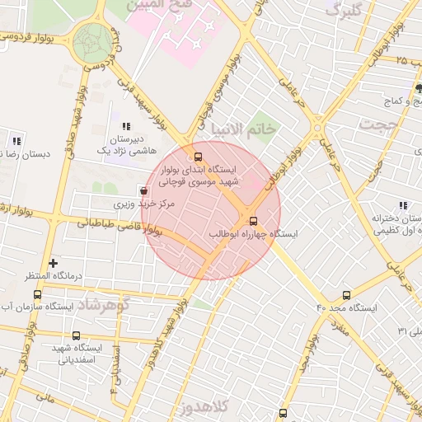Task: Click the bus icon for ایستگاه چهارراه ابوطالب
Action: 253,221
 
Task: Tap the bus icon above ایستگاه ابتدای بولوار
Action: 197,156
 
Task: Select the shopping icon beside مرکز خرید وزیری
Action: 144,190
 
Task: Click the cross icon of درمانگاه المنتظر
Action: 54,263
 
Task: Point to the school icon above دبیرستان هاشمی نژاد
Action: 125,126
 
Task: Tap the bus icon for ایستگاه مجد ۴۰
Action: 345,294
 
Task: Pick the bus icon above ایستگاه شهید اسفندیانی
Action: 77,335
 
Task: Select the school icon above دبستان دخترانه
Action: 402,205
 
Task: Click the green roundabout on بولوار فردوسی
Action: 92,41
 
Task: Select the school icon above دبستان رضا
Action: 16,140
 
